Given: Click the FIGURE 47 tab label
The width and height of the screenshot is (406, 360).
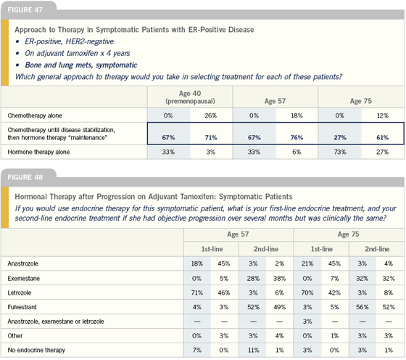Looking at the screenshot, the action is coord(25,10).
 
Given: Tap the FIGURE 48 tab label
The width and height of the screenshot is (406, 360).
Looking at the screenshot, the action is coord(25,177).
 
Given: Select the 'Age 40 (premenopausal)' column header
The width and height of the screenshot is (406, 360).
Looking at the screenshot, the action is coord(190,97).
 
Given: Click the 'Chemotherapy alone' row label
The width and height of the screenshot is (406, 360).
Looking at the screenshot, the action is coord(35,115).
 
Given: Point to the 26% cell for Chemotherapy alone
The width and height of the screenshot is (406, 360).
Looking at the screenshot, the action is coord(211,115).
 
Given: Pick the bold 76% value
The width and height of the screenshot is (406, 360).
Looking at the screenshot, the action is coord(297,137).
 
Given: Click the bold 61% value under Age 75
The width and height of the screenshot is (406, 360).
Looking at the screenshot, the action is coord(383,137).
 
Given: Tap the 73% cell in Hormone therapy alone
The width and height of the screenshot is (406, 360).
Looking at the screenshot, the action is coord(340,152).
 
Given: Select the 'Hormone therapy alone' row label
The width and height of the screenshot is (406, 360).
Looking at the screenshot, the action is coord(38,152).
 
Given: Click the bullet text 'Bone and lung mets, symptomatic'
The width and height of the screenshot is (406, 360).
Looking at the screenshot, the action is coord(81,65).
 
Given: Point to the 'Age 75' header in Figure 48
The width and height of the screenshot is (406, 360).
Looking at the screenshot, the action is coord(348,234).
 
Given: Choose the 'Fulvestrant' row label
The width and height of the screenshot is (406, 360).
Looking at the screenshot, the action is coord(22,307).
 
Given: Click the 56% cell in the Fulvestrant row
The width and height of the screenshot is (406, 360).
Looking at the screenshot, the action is coord(362,307).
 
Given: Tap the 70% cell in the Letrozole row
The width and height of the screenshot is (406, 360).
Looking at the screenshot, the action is coord(307,293).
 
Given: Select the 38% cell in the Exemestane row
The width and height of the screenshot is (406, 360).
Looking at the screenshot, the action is coord(279,279).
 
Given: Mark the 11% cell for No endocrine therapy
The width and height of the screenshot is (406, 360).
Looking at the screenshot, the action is coord(254,350).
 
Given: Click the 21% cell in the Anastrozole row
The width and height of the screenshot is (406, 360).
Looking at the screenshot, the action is coord(307,263).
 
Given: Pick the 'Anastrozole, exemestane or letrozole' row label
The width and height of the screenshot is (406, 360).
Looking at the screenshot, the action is coord(56,322).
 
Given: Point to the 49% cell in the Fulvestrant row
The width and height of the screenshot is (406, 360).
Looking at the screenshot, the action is coord(279,307).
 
